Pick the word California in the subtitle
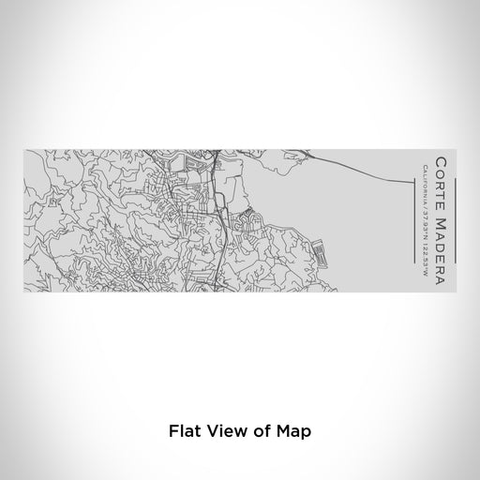point(426,184)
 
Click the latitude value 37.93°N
point(426,220)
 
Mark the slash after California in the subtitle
point(426,204)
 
